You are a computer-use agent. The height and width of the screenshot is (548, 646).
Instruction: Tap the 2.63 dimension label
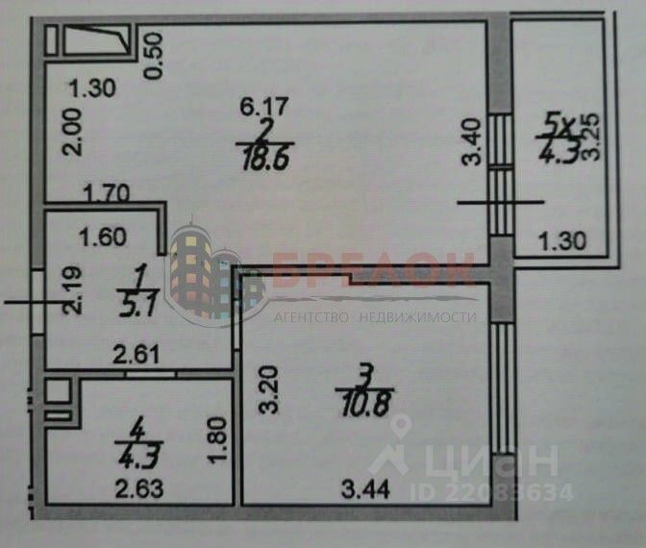click(138, 488)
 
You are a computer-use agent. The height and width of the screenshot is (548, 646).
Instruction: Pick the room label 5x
click(559, 122)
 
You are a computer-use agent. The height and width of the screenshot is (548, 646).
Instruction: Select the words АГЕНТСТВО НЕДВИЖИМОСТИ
click(376, 316)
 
